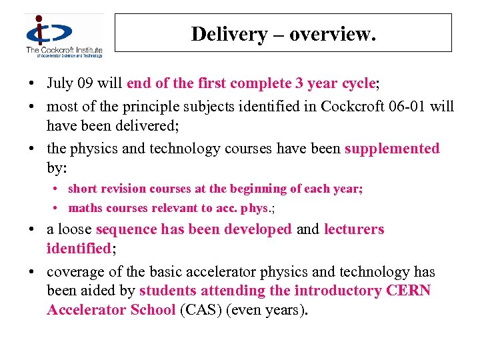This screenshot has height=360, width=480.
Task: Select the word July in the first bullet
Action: click(60, 84)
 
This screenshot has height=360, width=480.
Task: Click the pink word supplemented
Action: click(392, 148)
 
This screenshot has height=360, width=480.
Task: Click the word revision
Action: click(122, 189)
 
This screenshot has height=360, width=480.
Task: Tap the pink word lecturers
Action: click(354, 229)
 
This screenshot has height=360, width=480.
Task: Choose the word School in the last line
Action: click(153, 310)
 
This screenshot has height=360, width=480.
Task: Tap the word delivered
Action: click(146, 125)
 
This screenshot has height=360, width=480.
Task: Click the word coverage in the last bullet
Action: click(73, 272)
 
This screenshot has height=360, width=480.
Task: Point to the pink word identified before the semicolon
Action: click(78, 249)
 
